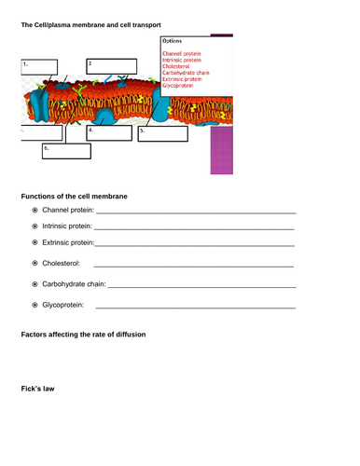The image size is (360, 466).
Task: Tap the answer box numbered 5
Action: (163, 133)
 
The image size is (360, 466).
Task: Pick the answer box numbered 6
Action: (65, 152)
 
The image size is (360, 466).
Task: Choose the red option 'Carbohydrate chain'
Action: (185, 73)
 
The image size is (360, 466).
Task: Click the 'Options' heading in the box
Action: (173, 42)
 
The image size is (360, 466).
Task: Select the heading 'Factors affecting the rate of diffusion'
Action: (83, 334)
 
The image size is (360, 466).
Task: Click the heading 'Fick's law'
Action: (38, 389)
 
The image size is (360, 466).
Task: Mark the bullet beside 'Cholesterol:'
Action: (35, 264)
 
